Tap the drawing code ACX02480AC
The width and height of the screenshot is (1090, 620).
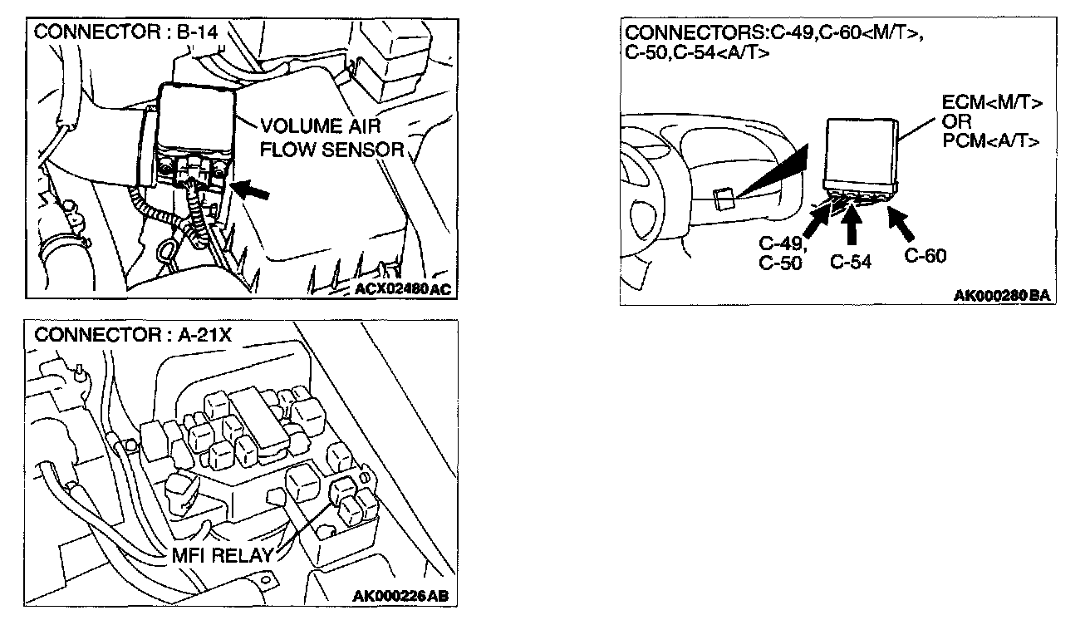click(405, 288)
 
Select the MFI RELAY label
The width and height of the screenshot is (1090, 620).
click(223, 556)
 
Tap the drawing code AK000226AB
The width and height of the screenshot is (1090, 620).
click(404, 596)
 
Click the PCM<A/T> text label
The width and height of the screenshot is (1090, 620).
click(991, 140)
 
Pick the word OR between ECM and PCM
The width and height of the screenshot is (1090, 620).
click(956, 122)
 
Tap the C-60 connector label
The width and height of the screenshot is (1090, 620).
click(925, 256)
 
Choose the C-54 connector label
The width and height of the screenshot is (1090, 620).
click(851, 262)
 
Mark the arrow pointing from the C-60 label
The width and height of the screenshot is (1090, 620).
click(901, 221)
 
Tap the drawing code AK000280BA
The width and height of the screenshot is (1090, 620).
click(1003, 296)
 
